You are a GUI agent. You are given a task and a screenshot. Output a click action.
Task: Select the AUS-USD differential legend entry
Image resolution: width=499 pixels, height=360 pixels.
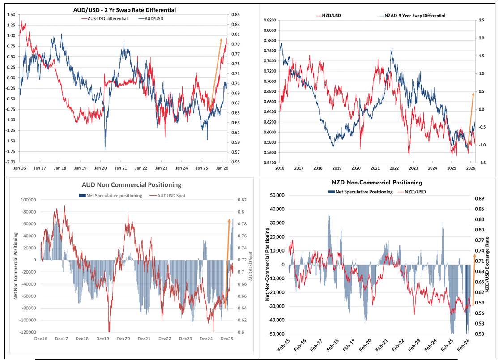(104, 18)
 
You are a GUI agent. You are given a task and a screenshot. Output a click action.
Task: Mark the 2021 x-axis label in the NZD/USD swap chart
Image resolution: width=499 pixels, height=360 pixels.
(375, 168)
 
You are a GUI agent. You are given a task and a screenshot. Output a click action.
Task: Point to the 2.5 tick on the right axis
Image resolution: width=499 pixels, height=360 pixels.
(482, 21)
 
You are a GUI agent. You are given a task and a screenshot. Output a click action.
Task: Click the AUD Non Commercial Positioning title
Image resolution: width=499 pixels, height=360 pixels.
(132, 184)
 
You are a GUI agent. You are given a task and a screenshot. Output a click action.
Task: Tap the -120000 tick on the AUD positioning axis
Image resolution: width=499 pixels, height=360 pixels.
(27, 332)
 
